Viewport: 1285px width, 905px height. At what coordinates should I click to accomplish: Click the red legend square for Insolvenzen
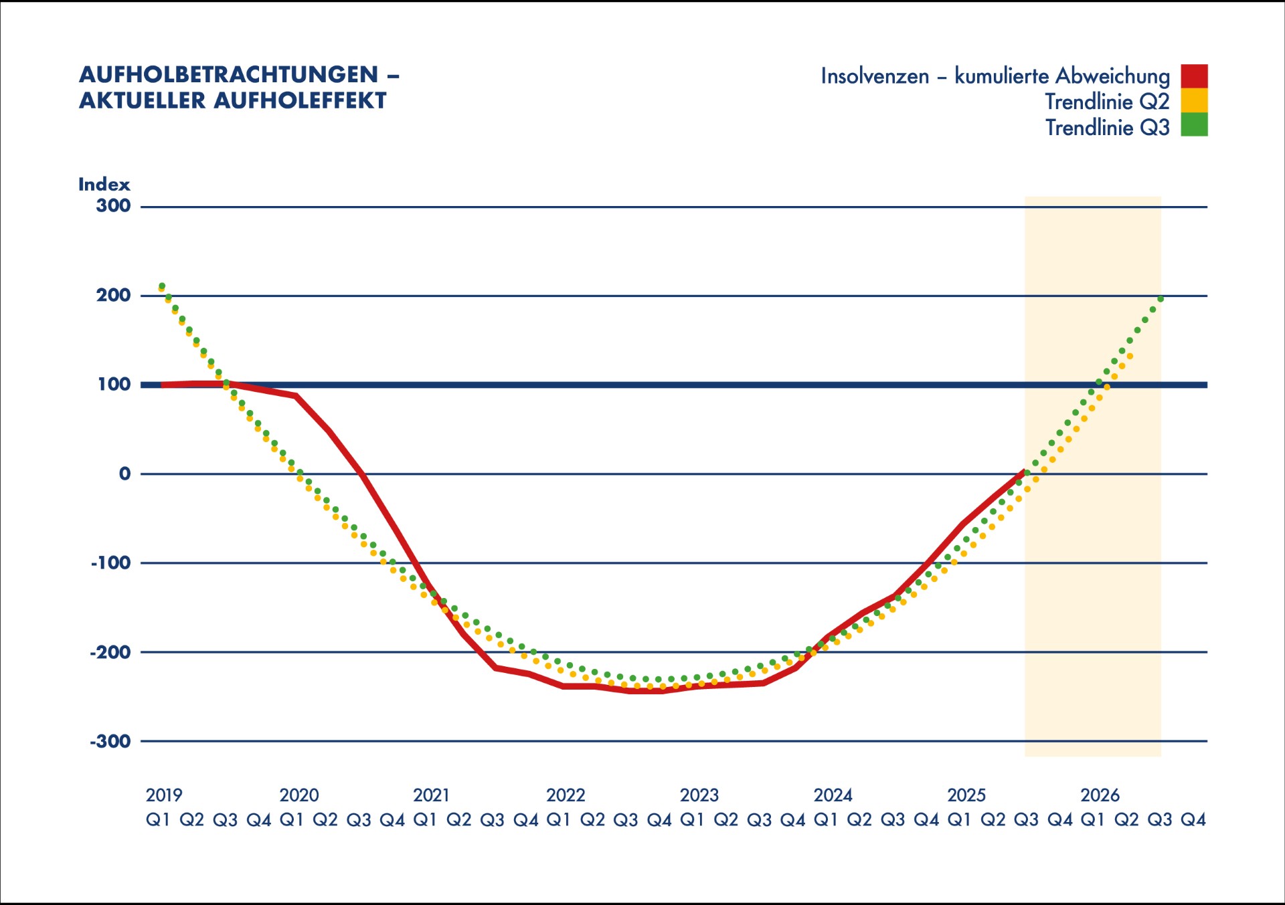pos(1194,76)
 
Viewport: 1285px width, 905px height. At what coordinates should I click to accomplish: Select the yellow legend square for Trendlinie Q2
pos(1194,100)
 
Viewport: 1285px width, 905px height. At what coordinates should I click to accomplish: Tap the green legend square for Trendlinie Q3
pos(1194,125)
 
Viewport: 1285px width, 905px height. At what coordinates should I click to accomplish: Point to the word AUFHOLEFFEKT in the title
pos(300,100)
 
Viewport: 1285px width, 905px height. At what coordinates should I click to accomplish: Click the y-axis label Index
pos(104,184)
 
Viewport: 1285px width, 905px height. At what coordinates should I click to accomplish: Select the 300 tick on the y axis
pos(113,205)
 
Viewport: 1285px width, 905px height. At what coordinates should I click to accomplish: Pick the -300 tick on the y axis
pos(110,741)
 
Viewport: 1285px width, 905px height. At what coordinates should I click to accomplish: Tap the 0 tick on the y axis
pos(124,474)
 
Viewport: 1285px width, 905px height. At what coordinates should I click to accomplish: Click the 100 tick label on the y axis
pos(114,384)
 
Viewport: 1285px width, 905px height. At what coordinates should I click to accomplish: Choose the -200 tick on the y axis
pos(110,652)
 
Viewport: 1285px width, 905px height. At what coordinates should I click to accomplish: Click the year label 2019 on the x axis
pos(164,795)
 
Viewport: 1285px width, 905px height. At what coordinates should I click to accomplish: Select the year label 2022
pos(566,795)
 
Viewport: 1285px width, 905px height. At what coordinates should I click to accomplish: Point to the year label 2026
pos(1100,795)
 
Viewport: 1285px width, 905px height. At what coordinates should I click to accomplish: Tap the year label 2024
pos(833,795)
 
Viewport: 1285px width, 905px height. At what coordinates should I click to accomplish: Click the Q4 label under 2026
pos(1193,819)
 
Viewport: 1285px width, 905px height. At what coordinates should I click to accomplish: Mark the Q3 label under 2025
pos(1026,819)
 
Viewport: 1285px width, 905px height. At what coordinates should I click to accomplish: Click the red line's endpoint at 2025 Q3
pos(1023,472)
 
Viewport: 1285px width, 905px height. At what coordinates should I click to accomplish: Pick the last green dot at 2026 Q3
pos(1161,299)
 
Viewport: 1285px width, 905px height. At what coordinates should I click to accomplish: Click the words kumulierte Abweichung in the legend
pos(1062,76)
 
